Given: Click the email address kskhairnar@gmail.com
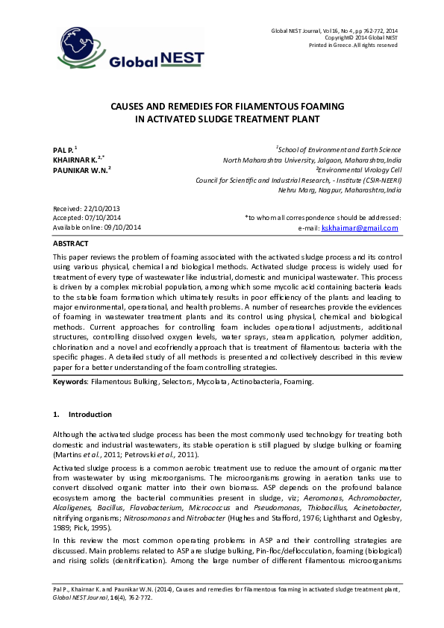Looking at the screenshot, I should click(x=359, y=227).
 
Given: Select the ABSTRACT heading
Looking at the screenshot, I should click(x=70, y=244).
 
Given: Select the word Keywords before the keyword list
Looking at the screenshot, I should click(x=69, y=381).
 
